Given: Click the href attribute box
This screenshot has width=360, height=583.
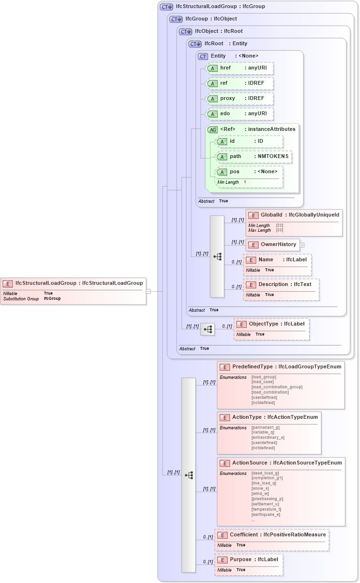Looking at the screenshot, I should (240, 68).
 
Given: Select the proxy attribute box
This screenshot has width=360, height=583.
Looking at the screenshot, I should (240, 99).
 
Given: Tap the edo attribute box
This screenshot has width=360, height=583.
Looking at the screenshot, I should (240, 114).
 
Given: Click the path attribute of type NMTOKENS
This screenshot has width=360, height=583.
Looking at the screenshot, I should (254, 157).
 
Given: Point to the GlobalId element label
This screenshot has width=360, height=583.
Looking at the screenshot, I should (271, 215).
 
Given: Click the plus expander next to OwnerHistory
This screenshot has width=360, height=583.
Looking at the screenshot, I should (302, 245).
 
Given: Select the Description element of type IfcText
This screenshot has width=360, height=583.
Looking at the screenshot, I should (281, 285).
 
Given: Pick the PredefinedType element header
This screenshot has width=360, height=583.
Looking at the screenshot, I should (280, 367).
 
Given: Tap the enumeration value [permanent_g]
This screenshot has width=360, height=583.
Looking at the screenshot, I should (265, 427).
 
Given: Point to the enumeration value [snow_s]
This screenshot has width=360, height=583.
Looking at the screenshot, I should (260, 488).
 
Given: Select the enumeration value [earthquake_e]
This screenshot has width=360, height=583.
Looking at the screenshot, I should (266, 514).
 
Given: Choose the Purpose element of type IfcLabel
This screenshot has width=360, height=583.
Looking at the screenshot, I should (249, 559).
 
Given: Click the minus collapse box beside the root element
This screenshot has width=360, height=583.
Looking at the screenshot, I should (149, 291).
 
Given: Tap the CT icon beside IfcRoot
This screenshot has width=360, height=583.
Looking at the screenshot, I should (195, 44).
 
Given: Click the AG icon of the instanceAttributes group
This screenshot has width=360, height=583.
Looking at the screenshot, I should (212, 129).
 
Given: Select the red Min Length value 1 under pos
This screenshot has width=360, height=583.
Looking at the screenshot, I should (245, 182).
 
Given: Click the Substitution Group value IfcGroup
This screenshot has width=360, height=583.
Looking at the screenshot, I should (52, 298).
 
